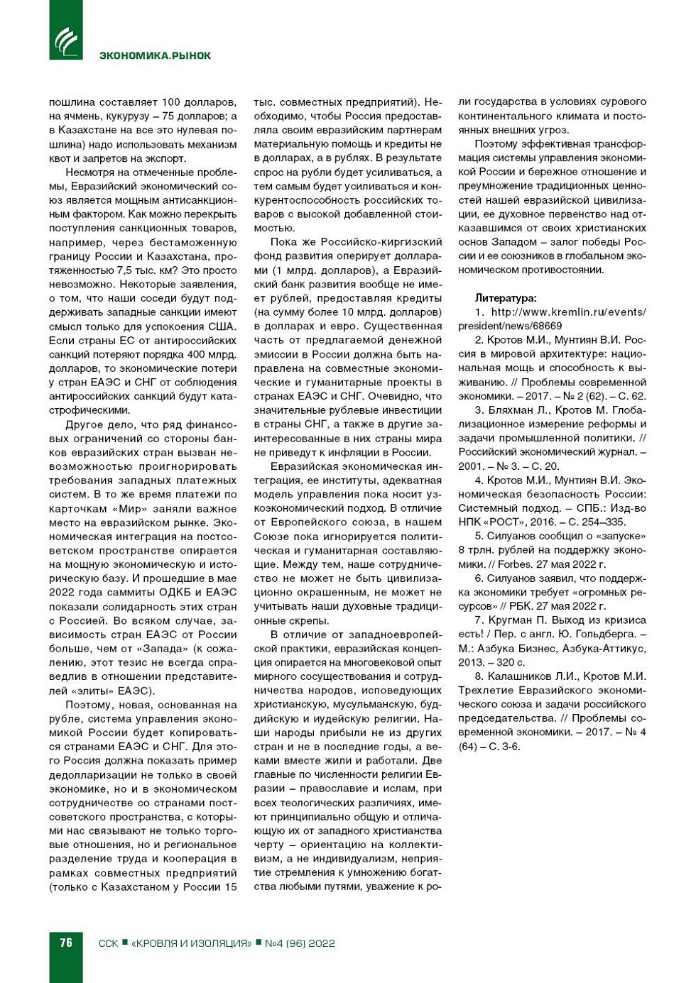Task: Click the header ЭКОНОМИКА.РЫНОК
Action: (x=155, y=55)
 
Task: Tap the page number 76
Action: (x=65, y=943)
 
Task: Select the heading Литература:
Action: (x=506, y=298)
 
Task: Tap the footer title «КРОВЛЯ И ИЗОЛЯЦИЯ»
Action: (x=192, y=943)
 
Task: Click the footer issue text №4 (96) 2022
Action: (x=299, y=943)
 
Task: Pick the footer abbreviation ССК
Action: (x=108, y=943)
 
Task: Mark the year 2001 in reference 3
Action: (x=471, y=466)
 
